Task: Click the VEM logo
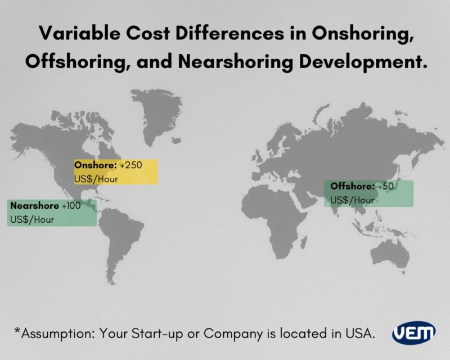tap(413, 332)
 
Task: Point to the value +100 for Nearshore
tap(71, 206)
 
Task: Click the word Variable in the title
tap(71, 34)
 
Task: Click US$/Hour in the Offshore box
tap(352, 200)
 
